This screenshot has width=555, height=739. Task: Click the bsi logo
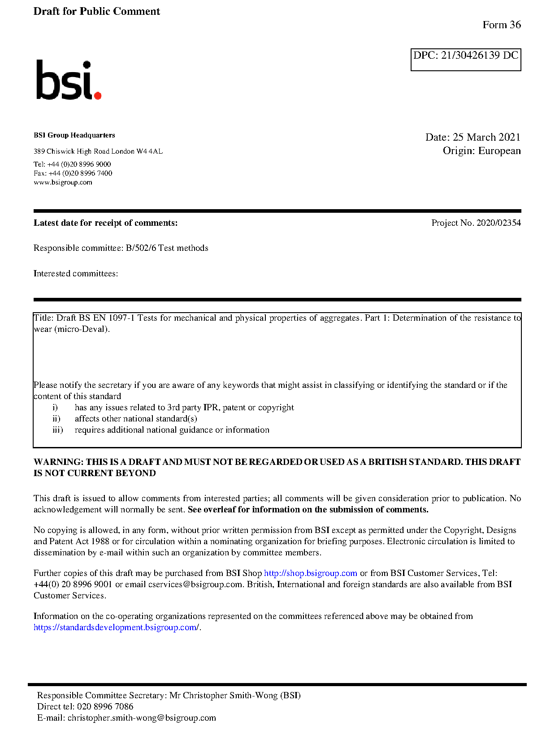point(69,80)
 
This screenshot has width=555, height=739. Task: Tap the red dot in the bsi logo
point(97,95)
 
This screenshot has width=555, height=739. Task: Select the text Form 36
point(502,25)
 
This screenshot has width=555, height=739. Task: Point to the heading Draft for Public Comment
point(96,12)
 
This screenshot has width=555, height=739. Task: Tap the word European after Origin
point(499,150)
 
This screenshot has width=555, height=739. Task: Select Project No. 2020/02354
point(476,223)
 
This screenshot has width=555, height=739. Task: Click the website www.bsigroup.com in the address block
point(63,182)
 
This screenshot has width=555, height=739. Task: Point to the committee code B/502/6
point(141,248)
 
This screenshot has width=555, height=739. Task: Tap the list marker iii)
point(57,430)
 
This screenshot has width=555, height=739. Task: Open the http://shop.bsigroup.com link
point(310,573)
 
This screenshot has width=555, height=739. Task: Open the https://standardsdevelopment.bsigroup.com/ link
point(116,627)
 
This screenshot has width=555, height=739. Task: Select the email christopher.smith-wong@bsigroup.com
point(142,718)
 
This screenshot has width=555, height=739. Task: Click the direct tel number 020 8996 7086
point(105,707)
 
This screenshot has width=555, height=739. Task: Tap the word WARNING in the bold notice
point(58,462)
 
